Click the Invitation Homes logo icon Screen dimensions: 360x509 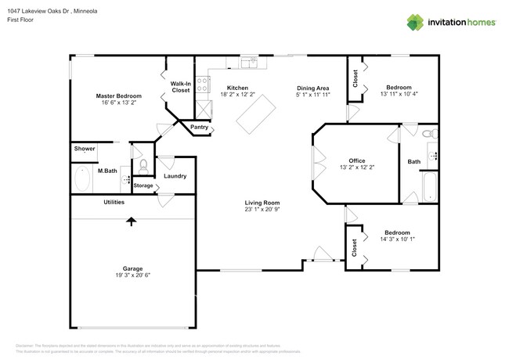pyautogui.click(x=413, y=22)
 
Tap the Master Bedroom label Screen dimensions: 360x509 pyautogui.click(x=118, y=95)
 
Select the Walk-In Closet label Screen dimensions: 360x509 pyautogui.click(x=181, y=87)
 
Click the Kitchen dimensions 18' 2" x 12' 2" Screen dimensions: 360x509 pyautogui.click(x=237, y=95)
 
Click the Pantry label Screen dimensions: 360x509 pyautogui.click(x=199, y=127)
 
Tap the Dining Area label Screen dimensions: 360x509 pyautogui.click(x=312, y=88)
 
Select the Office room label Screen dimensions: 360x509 pyautogui.click(x=357, y=161)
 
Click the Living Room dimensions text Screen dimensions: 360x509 pyautogui.click(x=262, y=209)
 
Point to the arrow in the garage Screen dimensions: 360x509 pyautogui.click(x=131, y=221)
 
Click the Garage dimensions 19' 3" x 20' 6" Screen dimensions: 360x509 pyautogui.click(x=131, y=276)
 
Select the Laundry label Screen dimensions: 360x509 pyautogui.click(x=175, y=176)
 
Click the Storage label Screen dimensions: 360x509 pyautogui.click(x=143, y=185)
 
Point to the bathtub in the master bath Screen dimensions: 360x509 pyautogui.click(x=83, y=178)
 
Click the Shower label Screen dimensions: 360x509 pyautogui.click(x=85, y=149)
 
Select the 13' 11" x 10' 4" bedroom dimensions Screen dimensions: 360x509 pyautogui.click(x=399, y=95)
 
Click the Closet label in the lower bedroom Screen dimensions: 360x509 pyautogui.click(x=355, y=248)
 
